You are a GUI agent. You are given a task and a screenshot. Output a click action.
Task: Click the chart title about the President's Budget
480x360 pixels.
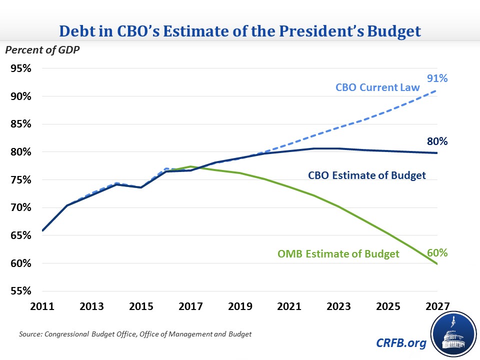pyautogui.click(x=239, y=31)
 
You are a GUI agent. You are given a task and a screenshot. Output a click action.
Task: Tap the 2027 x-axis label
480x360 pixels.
pyautogui.click(x=437, y=305)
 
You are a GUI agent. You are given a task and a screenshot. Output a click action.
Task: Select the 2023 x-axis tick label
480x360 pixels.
pyautogui.click(x=339, y=305)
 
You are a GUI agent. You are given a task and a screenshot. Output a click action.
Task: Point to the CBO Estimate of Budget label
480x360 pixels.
pyautogui.click(x=366, y=175)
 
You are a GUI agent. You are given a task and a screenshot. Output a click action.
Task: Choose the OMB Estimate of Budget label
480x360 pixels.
pyautogui.click(x=338, y=254)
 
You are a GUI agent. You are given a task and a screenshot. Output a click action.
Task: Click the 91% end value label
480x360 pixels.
pyautogui.click(x=437, y=78)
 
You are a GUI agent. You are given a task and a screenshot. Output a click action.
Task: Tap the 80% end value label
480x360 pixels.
pyautogui.click(x=437, y=141)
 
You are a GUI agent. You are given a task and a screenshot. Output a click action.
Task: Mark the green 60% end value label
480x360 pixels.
pyautogui.click(x=437, y=253)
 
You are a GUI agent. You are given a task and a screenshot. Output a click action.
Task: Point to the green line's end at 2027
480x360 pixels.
pyautogui.click(x=437, y=264)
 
